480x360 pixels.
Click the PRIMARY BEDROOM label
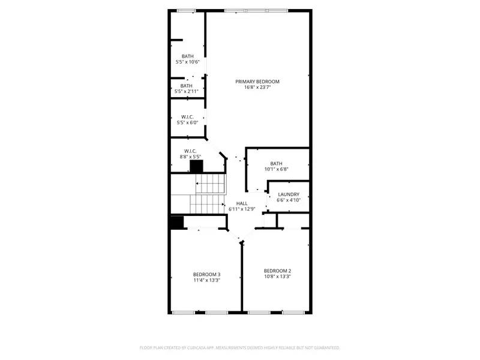coord(257,82)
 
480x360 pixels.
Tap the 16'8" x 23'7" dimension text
coord(257,88)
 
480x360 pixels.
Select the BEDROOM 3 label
coord(207,274)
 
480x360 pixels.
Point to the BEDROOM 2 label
coord(277,270)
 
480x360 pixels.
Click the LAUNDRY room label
coord(289,194)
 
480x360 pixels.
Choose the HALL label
coord(242,204)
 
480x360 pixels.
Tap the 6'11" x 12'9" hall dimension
coord(242,209)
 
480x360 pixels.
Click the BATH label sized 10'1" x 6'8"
coord(276,163)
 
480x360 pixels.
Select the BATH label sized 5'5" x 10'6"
coord(188,56)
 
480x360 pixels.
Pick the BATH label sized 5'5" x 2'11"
coord(187,86)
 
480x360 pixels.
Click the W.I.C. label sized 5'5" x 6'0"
coord(188,117)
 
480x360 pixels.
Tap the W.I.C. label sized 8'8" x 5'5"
coord(190,151)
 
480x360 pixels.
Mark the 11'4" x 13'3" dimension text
coord(207,280)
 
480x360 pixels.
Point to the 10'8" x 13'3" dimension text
coord(277,276)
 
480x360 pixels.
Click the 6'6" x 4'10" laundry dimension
coord(289,200)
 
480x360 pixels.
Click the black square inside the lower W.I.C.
coord(196,167)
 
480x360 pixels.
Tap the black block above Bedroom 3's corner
coord(176,223)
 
